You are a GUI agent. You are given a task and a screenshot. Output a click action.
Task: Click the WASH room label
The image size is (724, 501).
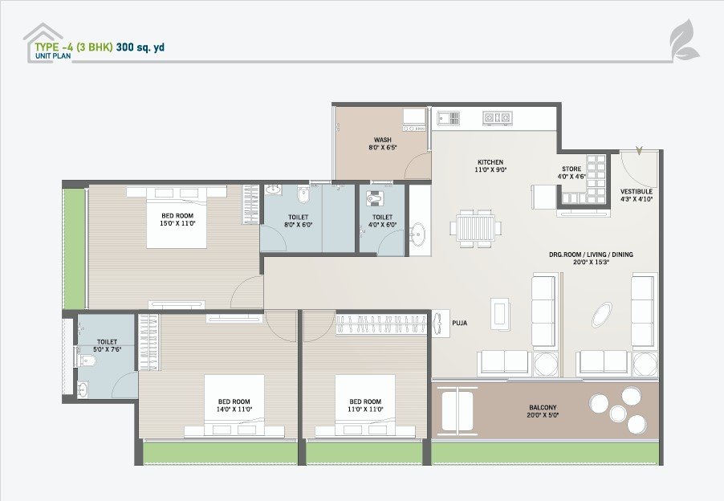click(x=382, y=140)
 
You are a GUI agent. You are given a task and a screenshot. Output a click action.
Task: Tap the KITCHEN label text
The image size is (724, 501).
click(x=490, y=162)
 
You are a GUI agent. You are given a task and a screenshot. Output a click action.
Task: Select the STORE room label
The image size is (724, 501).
click(x=571, y=169)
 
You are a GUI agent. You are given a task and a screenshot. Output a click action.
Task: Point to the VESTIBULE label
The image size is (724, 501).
click(x=637, y=191)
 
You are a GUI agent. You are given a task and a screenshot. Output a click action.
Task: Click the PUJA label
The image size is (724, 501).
click(x=459, y=323)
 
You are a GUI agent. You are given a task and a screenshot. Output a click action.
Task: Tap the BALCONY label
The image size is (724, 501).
click(x=543, y=407)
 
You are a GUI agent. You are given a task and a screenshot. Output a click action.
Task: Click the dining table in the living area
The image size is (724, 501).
click(x=476, y=228)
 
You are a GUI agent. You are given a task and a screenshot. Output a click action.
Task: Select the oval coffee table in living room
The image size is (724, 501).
click(x=602, y=315)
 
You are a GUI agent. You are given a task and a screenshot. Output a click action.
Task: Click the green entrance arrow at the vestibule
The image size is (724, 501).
click(x=639, y=150)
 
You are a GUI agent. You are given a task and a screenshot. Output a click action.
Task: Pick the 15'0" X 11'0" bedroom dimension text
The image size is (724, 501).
click(x=177, y=223)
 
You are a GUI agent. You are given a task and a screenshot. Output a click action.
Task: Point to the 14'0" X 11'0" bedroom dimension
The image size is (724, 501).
click(x=234, y=409)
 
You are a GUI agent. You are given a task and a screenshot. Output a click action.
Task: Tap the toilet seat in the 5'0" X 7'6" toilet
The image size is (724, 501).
click(x=87, y=360)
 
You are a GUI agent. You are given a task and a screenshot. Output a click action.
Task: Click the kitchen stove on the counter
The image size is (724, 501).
click(x=497, y=118)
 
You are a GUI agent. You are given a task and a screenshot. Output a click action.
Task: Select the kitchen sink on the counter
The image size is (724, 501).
click(x=449, y=118)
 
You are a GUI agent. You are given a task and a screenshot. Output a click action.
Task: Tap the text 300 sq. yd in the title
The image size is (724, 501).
click(x=140, y=47)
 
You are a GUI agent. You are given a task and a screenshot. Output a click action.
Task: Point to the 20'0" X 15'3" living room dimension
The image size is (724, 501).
click(x=592, y=262)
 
